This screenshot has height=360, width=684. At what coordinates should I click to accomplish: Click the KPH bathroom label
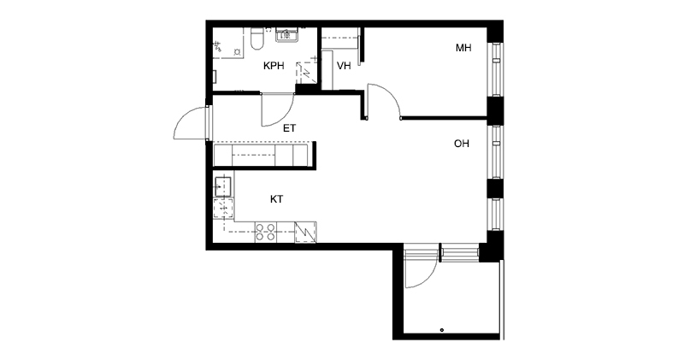coord(274,66)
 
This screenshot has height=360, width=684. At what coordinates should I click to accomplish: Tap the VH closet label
coord(344,66)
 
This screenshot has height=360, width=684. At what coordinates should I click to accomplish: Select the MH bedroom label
coord(463,48)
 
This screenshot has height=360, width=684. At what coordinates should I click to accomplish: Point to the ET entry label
coord(289,128)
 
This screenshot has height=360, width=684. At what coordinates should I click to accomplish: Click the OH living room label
coord(462,144)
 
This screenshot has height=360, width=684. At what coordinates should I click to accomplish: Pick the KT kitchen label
coord(276,199)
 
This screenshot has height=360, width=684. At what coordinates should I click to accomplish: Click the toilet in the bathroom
coord(257,38)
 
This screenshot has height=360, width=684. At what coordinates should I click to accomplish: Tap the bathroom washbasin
coord(286,34)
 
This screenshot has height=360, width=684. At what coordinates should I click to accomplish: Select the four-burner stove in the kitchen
coord(265,232)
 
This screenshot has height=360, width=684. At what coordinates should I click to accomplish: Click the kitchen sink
coord(222,186)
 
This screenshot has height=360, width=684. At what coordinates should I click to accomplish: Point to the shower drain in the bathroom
coord(238,52)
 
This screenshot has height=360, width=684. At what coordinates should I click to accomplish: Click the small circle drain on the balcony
coord(442,330)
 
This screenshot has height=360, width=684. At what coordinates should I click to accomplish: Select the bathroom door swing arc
coord(284,118)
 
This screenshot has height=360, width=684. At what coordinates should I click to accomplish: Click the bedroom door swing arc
coord(389,93)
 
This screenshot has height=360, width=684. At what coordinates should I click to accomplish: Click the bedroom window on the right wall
coord(495,69)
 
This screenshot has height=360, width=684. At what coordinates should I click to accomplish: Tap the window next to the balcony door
coord(459,253)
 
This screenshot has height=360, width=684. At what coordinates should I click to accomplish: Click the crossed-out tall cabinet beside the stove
coord(306,232)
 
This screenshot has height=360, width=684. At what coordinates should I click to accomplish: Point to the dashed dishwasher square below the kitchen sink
coord(223,209)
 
